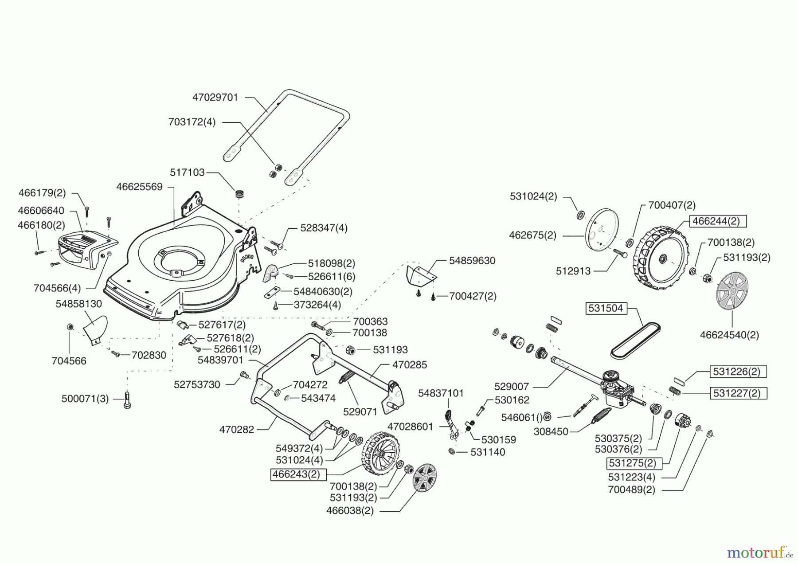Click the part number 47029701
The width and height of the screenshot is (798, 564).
coord(215,98)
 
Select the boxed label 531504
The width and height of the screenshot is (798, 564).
coord(606,308)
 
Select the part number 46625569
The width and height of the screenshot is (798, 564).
coord(140,187)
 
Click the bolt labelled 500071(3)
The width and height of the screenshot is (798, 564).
coord(128,399)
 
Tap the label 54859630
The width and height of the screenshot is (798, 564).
coord(472,261)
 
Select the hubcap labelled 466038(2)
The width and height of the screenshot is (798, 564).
coord(425,477)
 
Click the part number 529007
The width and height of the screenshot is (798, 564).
coord(512,387)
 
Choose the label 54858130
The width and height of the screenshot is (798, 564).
coord(79,304)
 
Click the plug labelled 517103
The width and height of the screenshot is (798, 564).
coord(240,194)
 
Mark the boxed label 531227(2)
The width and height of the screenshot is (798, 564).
coord(738,393)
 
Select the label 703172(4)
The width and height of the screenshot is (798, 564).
coord(192,122)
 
